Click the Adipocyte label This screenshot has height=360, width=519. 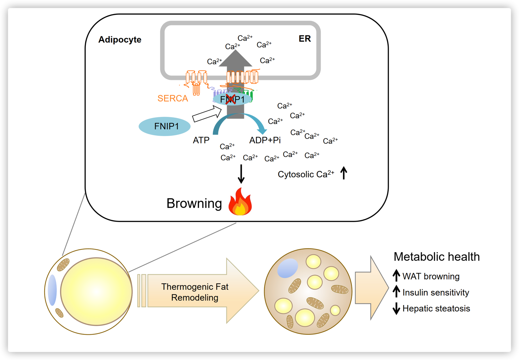point(120,40)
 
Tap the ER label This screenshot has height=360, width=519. point(305,39)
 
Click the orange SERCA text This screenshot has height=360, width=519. point(172,98)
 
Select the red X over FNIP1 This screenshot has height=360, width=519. point(231,99)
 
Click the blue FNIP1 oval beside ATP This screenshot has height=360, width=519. point(165,126)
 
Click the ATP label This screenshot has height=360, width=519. point(201,140)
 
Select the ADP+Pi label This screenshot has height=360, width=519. point(265,140)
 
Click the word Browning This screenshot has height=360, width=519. point(194,203)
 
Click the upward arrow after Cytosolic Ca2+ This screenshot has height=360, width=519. point(344,173)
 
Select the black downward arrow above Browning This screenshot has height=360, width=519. point(241,174)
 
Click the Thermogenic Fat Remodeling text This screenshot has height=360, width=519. point(195,292)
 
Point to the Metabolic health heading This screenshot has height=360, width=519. point(436,257)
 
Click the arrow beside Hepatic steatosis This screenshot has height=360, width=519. point(396,309)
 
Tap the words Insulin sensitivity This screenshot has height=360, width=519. point(436,292)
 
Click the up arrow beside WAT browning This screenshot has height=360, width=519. point(396,276)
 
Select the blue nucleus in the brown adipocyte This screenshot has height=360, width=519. point(288,268)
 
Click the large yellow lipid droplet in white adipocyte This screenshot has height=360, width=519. point(96,291)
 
